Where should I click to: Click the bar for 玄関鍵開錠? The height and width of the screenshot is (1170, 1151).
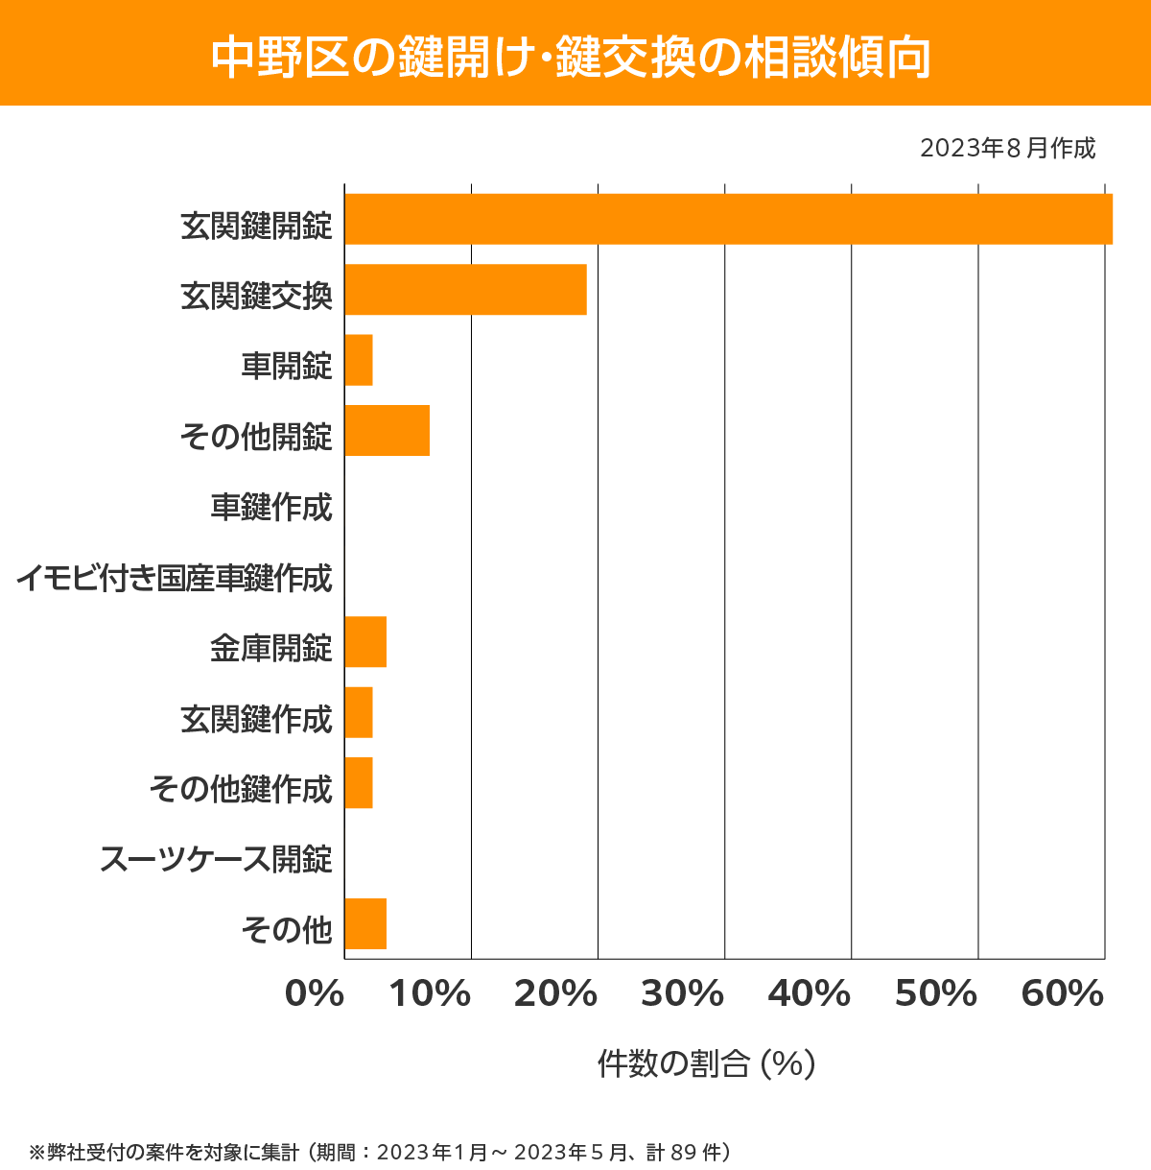pos(728,219)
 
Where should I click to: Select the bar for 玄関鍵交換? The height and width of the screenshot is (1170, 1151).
pos(465,289)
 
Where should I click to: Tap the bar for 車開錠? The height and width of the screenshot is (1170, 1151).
pos(359,360)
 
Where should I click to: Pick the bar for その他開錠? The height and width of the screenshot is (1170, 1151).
pos(387,430)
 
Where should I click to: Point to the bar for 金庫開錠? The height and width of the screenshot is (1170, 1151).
pos(365,642)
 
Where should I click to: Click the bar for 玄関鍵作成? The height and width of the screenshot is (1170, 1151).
pos(359,712)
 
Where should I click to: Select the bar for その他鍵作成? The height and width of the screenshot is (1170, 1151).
pos(359,782)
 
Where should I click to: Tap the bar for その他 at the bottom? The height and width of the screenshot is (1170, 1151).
pos(365,923)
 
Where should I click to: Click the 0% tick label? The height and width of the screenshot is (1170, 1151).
pos(315,994)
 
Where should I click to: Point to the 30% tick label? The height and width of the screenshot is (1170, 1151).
pos(682,994)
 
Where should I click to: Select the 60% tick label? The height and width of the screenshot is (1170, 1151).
pos(1063,994)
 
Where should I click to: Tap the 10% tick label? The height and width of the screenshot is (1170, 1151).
pos(429,994)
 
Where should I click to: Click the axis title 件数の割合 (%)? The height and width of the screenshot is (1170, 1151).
pos(706,1063)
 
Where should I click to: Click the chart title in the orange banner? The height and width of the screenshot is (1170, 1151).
pos(572,56)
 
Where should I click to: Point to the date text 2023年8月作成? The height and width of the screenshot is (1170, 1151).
pos(1007,149)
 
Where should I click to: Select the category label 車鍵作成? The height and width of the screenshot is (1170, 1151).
pos(271,507)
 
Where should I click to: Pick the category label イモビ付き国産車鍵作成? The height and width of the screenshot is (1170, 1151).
pos(174,578)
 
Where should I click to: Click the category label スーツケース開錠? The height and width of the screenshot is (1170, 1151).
pos(217,859)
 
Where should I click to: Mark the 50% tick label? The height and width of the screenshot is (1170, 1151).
pos(936,994)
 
